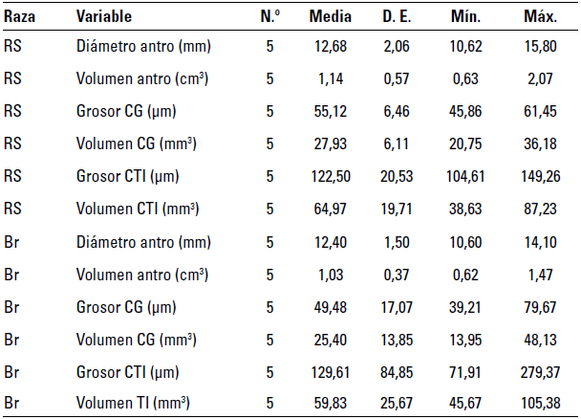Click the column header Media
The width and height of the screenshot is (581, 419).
pos(331,17)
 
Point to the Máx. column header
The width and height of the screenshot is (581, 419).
pos(541,17)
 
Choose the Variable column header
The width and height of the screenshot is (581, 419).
pos(104,17)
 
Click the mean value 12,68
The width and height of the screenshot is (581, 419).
pos(334,46)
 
